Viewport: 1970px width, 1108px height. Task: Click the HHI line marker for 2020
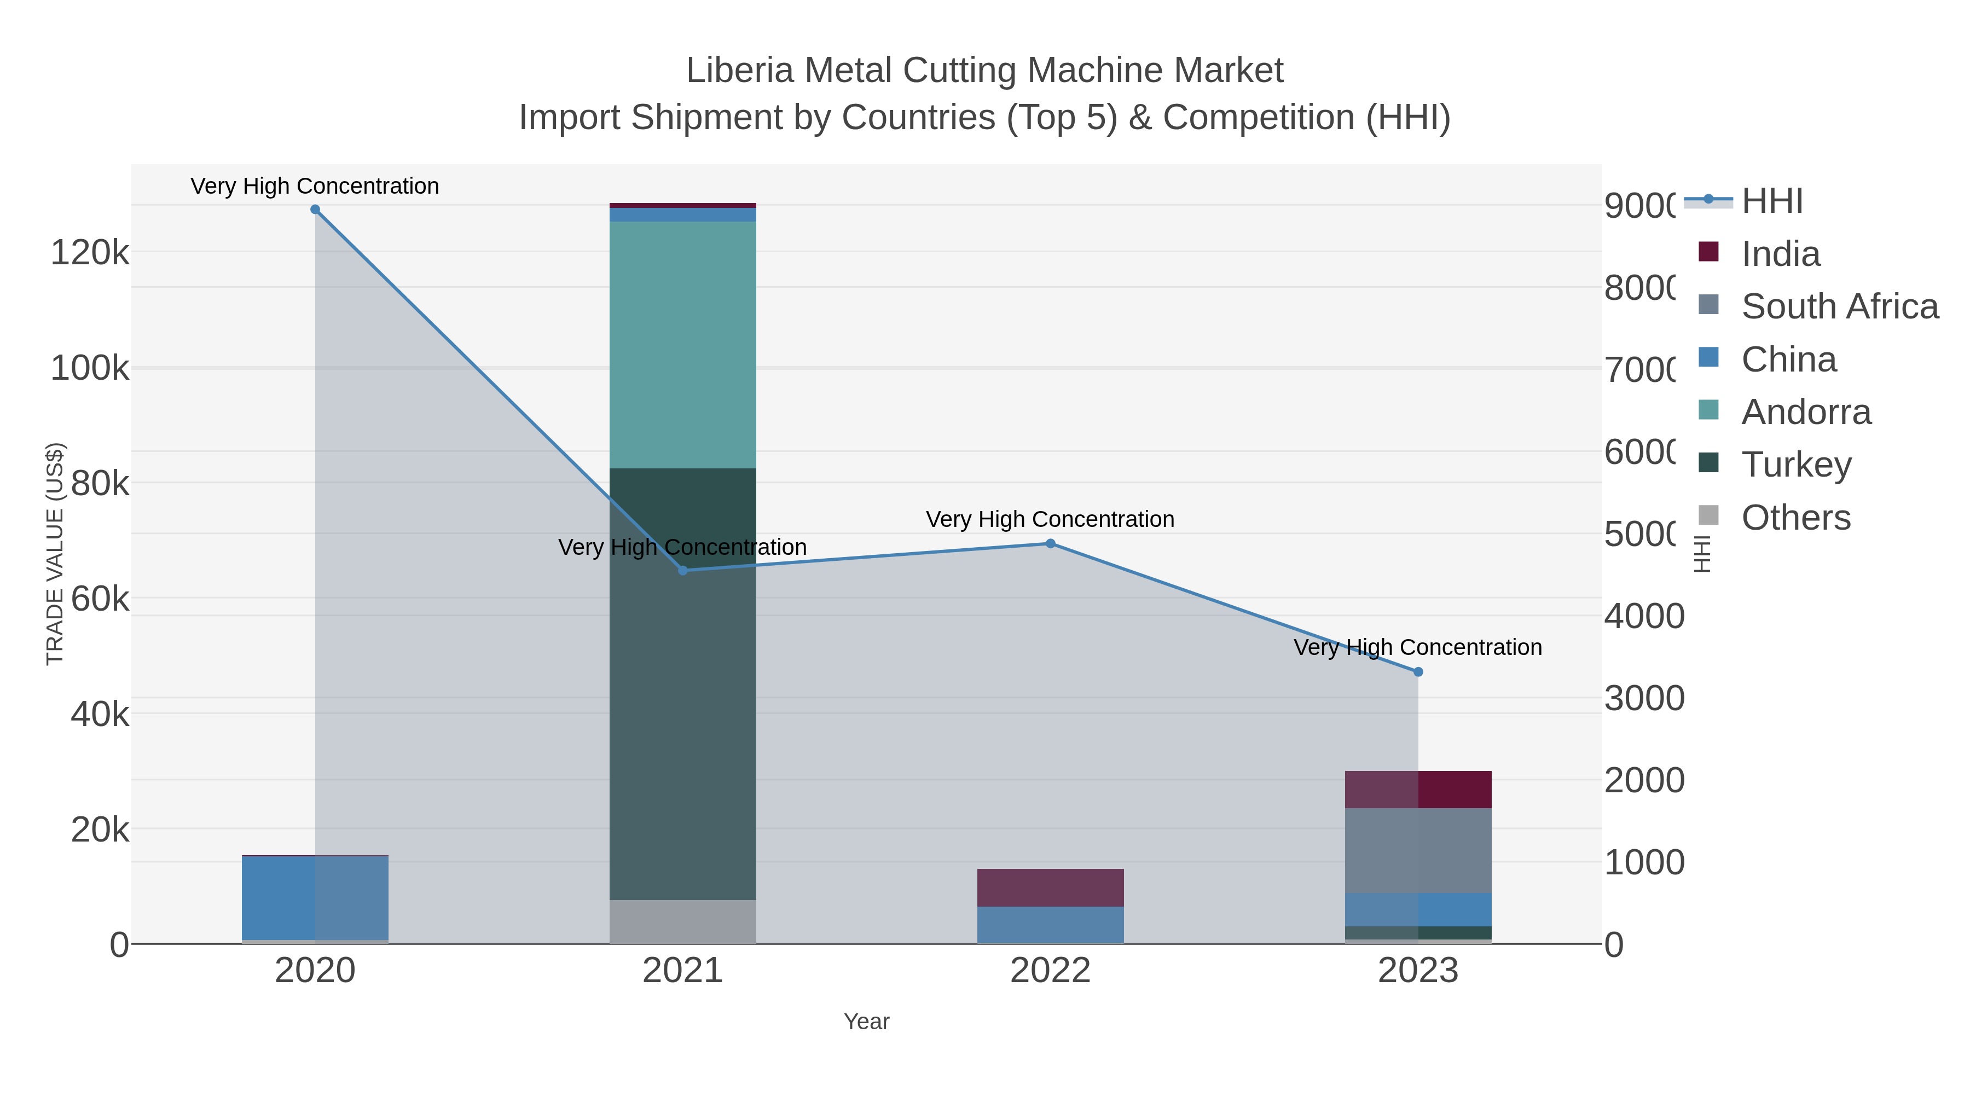315,210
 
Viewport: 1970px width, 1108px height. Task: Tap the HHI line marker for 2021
683,571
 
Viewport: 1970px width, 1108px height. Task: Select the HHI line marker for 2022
1050,544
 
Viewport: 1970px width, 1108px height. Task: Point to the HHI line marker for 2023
1418,672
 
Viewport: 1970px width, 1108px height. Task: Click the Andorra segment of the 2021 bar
682,344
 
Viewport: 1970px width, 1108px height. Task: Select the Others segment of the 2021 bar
682,921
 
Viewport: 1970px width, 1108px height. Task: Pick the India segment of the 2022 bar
1050,888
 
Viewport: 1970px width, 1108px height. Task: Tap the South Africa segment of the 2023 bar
1418,850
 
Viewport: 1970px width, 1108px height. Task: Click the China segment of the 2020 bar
315,898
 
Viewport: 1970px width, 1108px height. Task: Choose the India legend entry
1780,254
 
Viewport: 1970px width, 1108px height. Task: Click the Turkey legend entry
1795,464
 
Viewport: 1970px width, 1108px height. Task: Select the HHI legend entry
1772,201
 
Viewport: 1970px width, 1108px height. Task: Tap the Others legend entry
1795,518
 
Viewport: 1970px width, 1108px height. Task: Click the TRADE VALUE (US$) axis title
55,554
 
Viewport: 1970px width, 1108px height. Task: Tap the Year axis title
866,1022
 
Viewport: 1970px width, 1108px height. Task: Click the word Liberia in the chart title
739,71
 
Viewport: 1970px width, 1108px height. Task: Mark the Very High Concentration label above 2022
1050,519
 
